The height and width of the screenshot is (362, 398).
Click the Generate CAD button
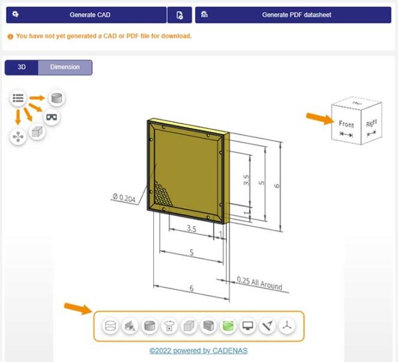85,15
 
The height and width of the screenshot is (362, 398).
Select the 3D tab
21,67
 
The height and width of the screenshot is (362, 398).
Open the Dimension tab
65,67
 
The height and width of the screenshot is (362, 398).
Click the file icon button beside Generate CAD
180,15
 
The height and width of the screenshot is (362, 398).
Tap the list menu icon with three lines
19,98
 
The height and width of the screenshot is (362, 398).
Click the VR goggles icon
52,117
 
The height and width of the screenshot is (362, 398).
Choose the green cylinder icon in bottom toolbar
228,326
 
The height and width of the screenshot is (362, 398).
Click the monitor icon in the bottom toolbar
247,326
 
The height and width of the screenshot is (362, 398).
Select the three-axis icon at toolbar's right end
286,326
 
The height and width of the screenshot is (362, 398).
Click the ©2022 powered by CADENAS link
198,351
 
